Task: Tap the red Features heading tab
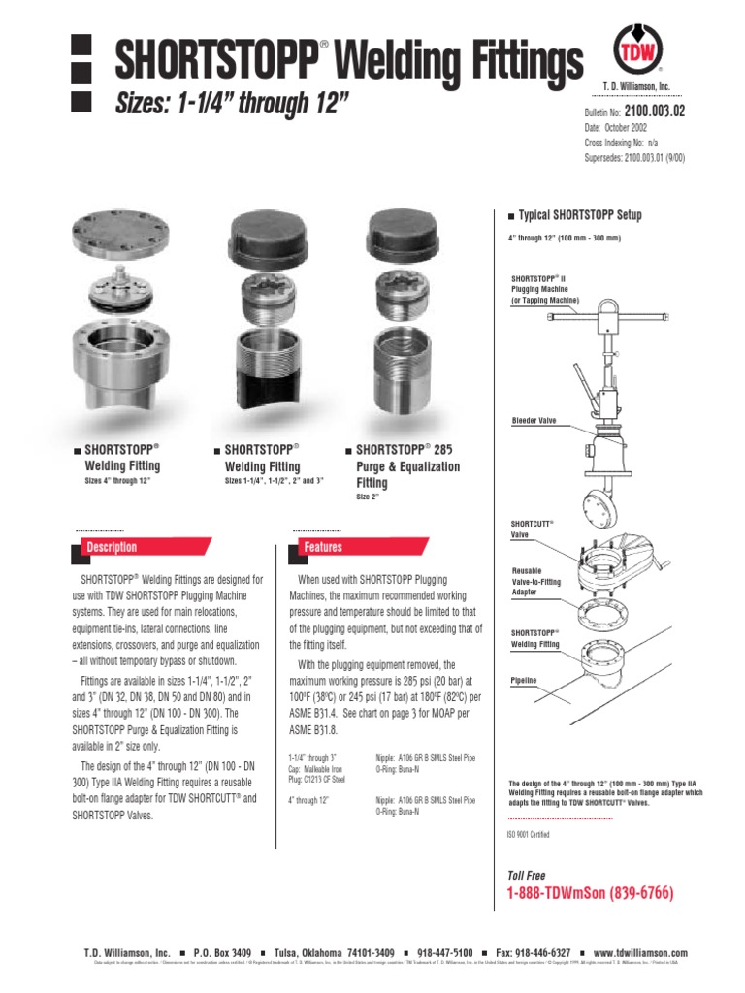322,547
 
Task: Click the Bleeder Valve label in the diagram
532,421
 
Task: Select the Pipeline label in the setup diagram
524,681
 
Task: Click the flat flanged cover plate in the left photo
120,237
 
